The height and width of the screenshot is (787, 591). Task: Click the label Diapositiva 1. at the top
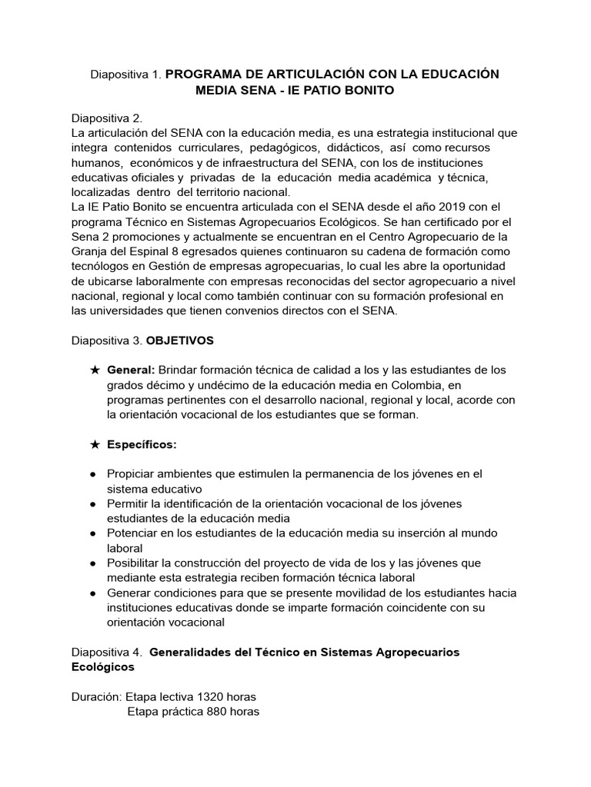coord(125,75)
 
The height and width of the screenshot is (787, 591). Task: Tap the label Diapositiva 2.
coord(107,118)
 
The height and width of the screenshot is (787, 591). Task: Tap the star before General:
coord(95,370)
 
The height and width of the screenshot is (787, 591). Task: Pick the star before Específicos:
coord(95,444)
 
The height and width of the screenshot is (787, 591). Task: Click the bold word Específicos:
coord(142,444)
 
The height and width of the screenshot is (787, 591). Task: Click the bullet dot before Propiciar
coord(92,474)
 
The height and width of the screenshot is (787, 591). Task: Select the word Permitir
coord(131,503)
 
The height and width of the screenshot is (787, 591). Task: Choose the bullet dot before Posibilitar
coord(92,562)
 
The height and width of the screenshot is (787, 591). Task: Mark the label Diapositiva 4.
coord(107,652)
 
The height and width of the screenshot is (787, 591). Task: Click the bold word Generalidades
coord(197,652)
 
